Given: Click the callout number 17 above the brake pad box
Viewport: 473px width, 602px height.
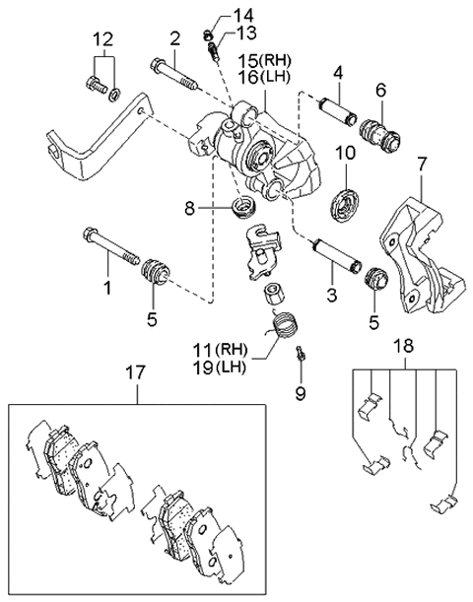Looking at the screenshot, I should tap(136, 373).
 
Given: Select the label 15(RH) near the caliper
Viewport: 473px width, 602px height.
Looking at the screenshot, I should tap(262, 61).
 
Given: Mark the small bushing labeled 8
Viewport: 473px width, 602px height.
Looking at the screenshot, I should tap(241, 208).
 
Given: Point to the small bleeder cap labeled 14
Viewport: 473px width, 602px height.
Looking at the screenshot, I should tap(209, 26).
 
